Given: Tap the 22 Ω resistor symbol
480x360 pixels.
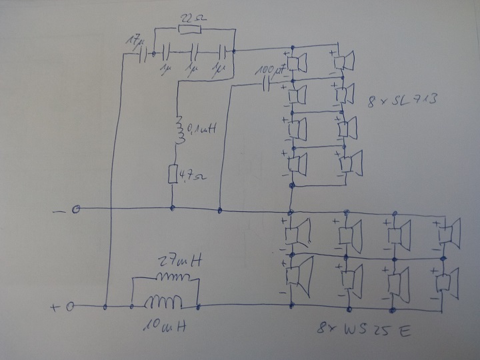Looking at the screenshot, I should coord(189,31).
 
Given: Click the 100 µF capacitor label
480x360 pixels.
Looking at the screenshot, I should coord(271,69).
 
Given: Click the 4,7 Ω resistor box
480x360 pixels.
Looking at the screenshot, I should coord(173,175).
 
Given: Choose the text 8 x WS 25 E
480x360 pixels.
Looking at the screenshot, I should coord(363,330).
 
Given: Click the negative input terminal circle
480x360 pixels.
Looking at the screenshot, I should coord(77,209).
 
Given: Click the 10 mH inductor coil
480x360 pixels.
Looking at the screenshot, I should coord(164,304).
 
